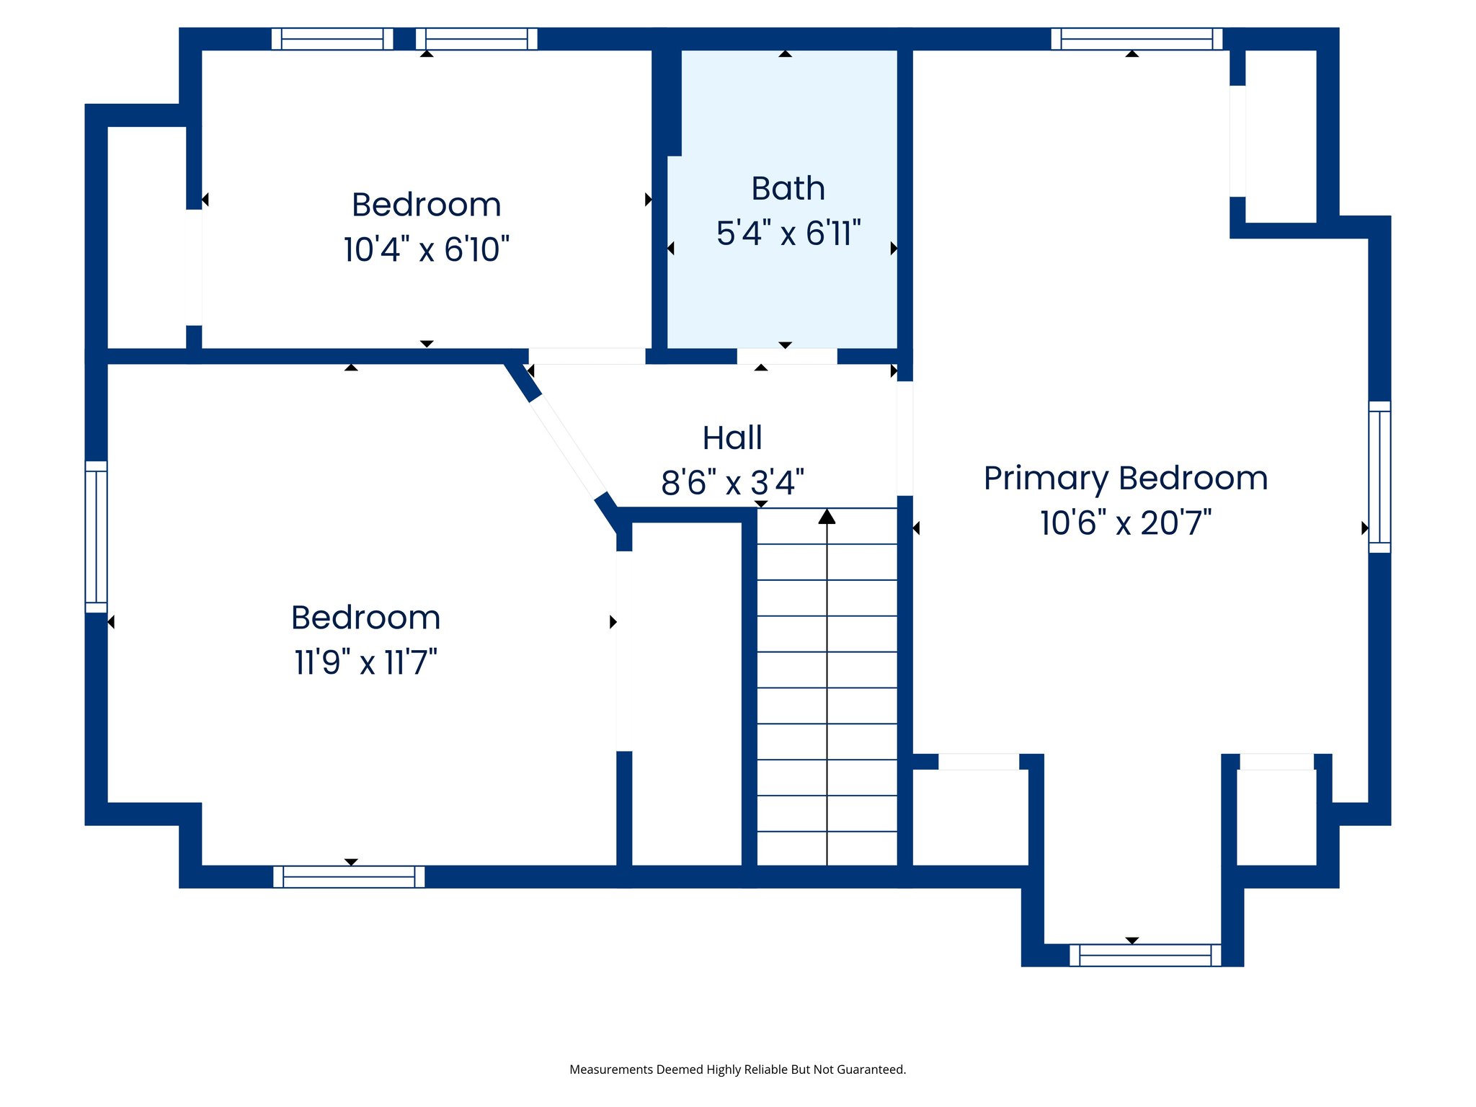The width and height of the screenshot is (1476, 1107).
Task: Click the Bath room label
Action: click(x=788, y=189)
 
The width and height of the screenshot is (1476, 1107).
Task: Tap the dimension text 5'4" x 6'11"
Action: click(x=788, y=234)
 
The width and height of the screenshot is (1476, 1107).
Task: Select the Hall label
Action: click(x=732, y=437)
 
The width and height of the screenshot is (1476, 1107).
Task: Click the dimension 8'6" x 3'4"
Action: click(x=732, y=482)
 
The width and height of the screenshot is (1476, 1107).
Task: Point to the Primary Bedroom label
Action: click(x=1125, y=478)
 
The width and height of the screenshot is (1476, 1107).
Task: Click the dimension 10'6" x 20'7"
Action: click(x=1125, y=523)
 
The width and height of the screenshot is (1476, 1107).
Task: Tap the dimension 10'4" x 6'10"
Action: click(x=426, y=249)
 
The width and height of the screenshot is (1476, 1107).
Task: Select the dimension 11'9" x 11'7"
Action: click(x=365, y=662)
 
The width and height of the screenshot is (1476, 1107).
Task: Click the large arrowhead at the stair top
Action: click(x=827, y=516)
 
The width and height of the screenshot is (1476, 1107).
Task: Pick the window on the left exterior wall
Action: click(x=96, y=537)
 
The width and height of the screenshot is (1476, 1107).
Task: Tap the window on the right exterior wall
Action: click(x=1379, y=477)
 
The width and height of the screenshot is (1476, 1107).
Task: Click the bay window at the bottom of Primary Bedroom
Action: click(x=1145, y=955)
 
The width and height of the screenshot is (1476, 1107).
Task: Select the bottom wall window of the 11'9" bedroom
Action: click(x=349, y=876)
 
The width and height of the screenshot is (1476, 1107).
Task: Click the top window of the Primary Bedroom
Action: click(x=1137, y=39)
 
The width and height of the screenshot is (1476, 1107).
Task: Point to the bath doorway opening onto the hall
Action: click(x=786, y=356)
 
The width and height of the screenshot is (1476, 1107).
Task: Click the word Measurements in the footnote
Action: click(x=610, y=1070)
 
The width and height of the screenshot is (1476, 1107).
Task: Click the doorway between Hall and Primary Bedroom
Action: click(x=904, y=438)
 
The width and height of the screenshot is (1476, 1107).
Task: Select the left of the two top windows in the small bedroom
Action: click(x=332, y=39)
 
